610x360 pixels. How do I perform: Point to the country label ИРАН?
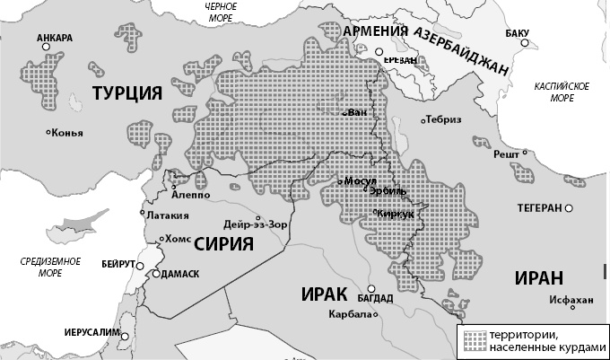[539, 277]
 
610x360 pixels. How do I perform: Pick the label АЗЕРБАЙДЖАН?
[459, 51]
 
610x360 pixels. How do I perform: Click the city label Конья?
[67, 134]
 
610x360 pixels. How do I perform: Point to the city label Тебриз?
[443, 120]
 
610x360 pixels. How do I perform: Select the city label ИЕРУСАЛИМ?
[91, 332]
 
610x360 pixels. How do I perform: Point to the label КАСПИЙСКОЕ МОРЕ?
[561, 91]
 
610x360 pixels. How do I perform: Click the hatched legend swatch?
[474, 338]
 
